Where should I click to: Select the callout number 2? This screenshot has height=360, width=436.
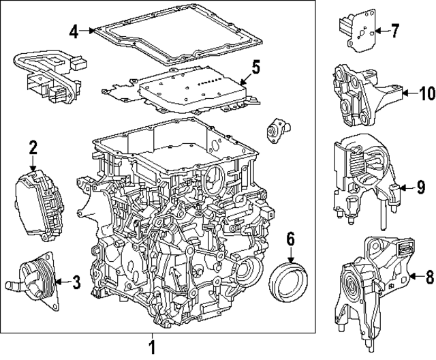[32, 146]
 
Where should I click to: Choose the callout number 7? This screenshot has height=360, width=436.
[395, 30]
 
